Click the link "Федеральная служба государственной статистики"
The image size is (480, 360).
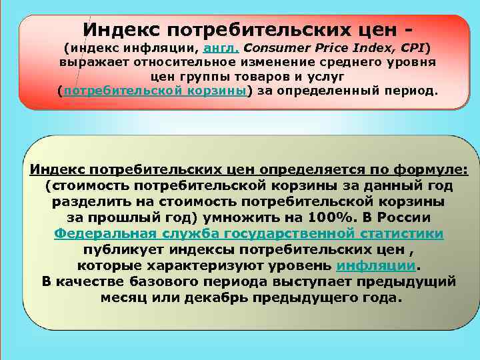(x=249, y=234)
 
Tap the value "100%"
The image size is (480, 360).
(x=330, y=218)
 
